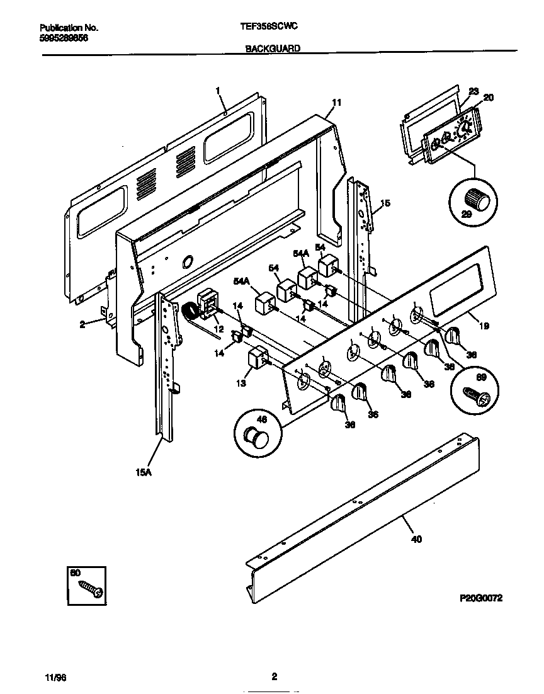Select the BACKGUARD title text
click(x=272, y=48)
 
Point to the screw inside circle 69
click(x=475, y=395)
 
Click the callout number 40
click(x=416, y=538)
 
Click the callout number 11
click(x=336, y=102)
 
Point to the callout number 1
click(x=218, y=91)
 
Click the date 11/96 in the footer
click(x=56, y=678)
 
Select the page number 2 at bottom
click(x=274, y=678)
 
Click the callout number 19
click(x=484, y=326)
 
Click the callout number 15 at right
click(x=385, y=203)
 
